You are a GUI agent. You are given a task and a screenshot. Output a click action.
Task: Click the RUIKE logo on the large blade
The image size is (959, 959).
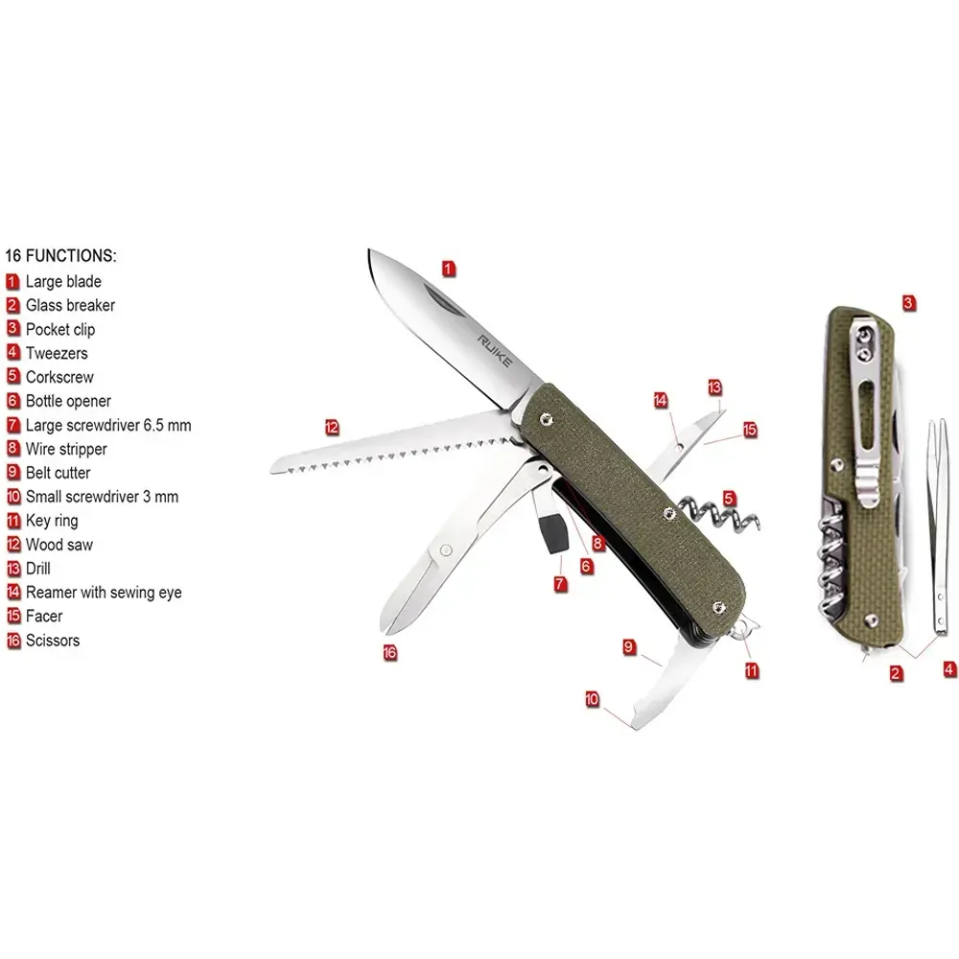tap(495, 351)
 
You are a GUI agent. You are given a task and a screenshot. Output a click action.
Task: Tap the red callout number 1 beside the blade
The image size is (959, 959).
tap(448, 269)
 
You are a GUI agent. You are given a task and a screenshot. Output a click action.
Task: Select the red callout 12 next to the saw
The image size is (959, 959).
tap(332, 428)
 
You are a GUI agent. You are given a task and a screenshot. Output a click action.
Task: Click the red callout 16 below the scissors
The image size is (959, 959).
tap(390, 652)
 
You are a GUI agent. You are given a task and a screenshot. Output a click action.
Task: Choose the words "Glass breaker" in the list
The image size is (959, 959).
tap(70, 305)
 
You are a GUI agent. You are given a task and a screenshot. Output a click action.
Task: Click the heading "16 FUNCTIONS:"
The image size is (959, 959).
tap(60, 256)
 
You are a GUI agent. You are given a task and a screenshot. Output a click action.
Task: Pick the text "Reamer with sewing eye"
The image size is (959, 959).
tap(104, 592)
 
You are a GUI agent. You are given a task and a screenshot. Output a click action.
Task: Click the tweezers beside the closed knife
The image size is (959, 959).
tap(937, 526)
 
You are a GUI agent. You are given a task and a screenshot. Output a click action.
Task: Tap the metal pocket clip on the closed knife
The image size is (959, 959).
tap(867, 416)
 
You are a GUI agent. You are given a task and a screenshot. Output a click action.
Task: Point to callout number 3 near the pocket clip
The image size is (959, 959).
tap(908, 303)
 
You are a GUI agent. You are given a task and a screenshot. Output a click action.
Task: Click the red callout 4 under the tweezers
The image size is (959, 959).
tap(949, 669)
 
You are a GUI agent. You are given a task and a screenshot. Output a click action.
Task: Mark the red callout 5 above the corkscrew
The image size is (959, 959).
tap(729, 499)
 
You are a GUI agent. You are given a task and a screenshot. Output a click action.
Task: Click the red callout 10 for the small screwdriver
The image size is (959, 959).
tap(592, 699)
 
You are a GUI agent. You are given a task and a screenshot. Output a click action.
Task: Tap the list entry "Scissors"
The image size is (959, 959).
tap(53, 641)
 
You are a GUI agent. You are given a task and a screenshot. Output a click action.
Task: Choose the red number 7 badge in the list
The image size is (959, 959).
tap(12, 425)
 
